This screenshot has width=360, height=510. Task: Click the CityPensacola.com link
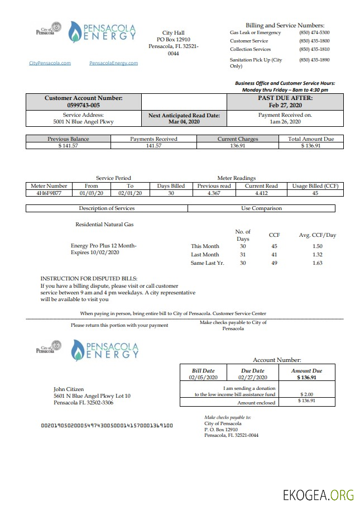[x=50, y=63]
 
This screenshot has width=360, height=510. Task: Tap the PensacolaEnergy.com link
[x=113, y=63]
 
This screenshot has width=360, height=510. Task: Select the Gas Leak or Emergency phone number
[x=314, y=33]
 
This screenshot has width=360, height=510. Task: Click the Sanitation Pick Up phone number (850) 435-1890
[x=314, y=60]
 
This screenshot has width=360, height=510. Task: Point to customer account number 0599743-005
[x=83, y=105]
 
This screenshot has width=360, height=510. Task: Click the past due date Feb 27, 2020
[x=285, y=105]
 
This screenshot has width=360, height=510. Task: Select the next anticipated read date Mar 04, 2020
[x=184, y=121]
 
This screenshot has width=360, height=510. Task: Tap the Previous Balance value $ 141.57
[x=69, y=146]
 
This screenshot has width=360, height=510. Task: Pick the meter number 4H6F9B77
[x=49, y=193]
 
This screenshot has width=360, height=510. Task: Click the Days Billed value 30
[x=171, y=193]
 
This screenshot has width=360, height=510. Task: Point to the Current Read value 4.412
[x=261, y=193]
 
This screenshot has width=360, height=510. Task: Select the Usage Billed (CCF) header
[x=315, y=186]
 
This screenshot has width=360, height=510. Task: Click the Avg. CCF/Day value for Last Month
[x=317, y=255]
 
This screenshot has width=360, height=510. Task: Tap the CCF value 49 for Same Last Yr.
[x=274, y=263]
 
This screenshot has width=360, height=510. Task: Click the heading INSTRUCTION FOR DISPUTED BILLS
[x=88, y=278]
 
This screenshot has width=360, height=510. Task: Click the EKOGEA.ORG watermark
[x=318, y=495]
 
